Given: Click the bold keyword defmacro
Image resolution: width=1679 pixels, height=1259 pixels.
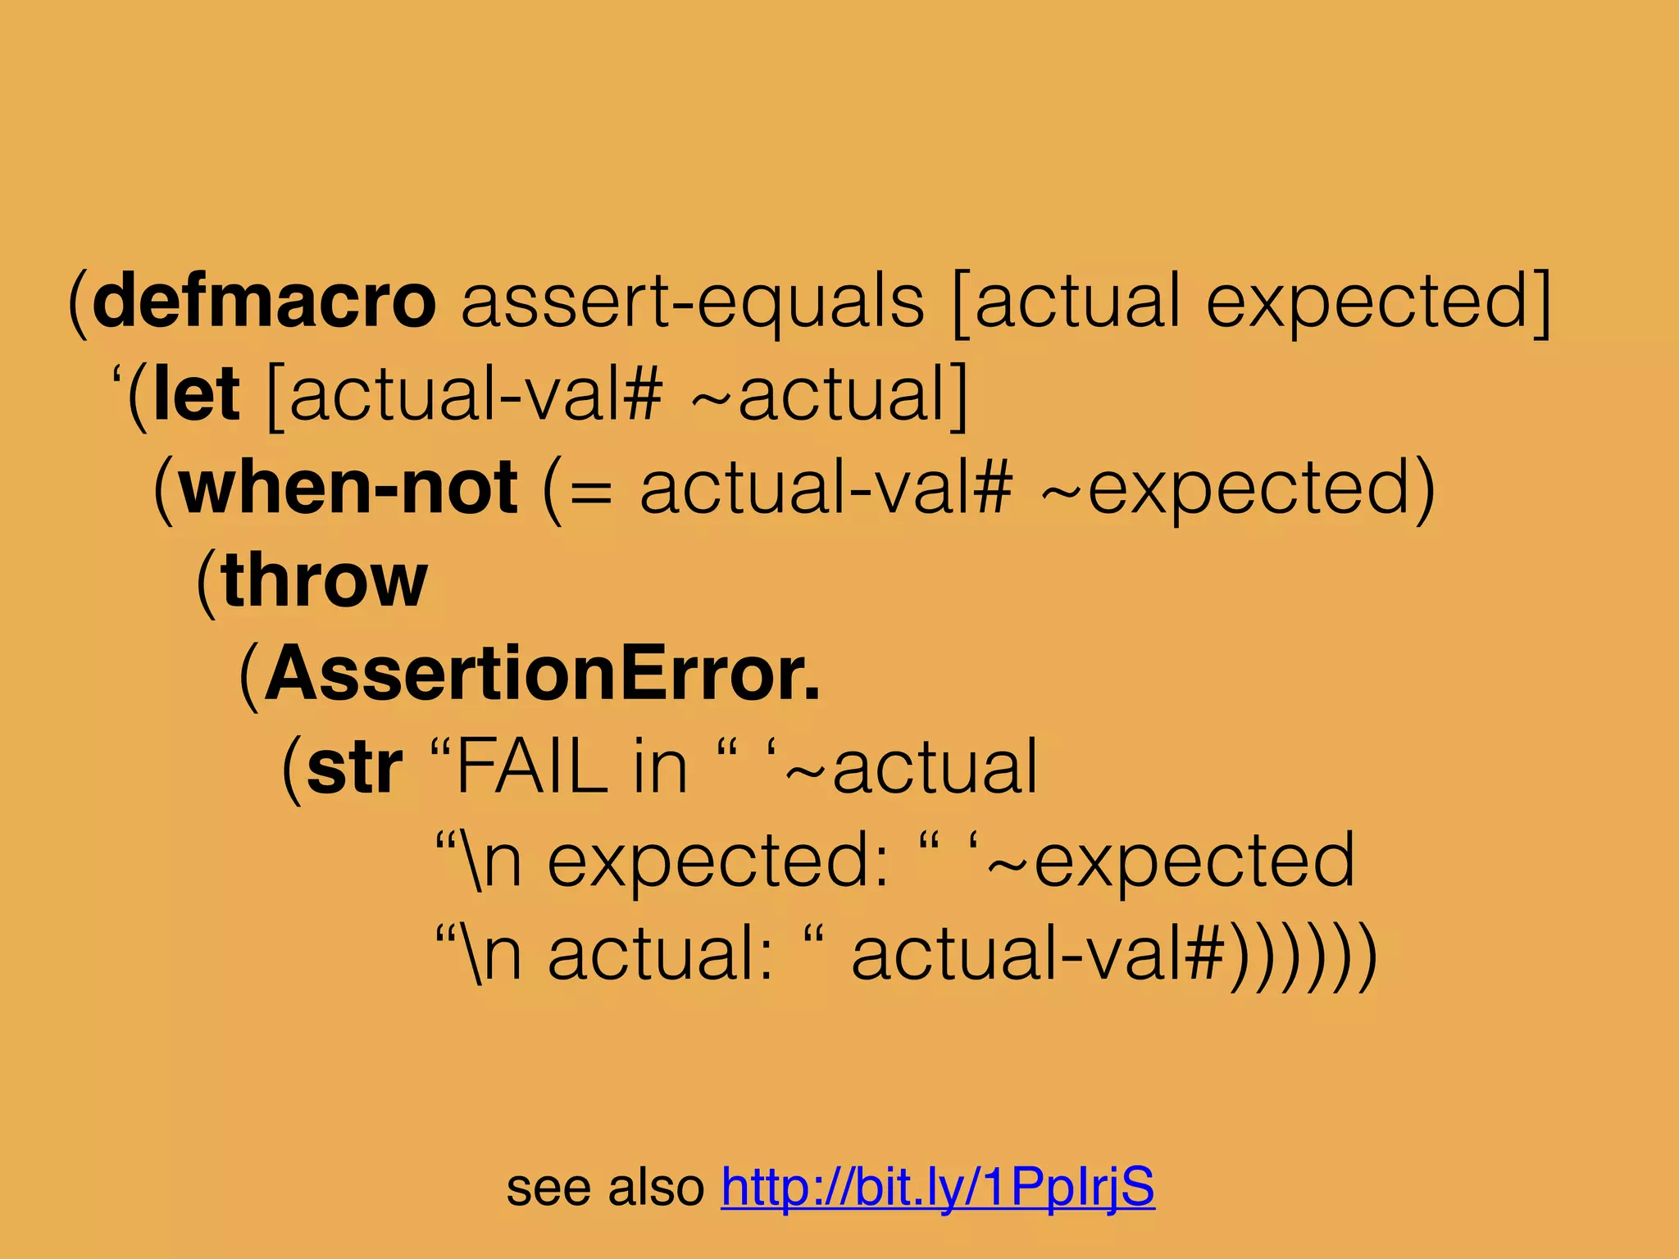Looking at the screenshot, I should tap(264, 302).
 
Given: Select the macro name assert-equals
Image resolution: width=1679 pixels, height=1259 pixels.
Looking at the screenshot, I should tap(693, 302).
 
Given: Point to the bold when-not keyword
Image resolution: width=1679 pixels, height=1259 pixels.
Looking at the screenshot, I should tap(348, 488).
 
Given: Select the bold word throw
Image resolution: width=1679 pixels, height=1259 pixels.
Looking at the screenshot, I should tap(325, 580).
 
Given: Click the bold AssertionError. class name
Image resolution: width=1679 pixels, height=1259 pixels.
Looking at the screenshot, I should tap(542, 674).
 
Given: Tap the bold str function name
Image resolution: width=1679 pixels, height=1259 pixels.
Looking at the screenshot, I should tap(354, 767).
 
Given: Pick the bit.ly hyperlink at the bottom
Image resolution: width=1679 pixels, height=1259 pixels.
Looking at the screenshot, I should tap(938, 1186).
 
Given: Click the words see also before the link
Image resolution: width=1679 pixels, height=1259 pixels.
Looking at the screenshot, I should tap(605, 1187).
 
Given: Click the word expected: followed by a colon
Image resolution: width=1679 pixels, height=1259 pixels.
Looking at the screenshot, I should tap(718, 861).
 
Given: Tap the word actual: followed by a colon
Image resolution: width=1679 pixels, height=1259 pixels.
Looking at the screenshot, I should tap(661, 955).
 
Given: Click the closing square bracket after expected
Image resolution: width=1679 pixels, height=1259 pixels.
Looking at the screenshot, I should tap(1540, 302).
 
